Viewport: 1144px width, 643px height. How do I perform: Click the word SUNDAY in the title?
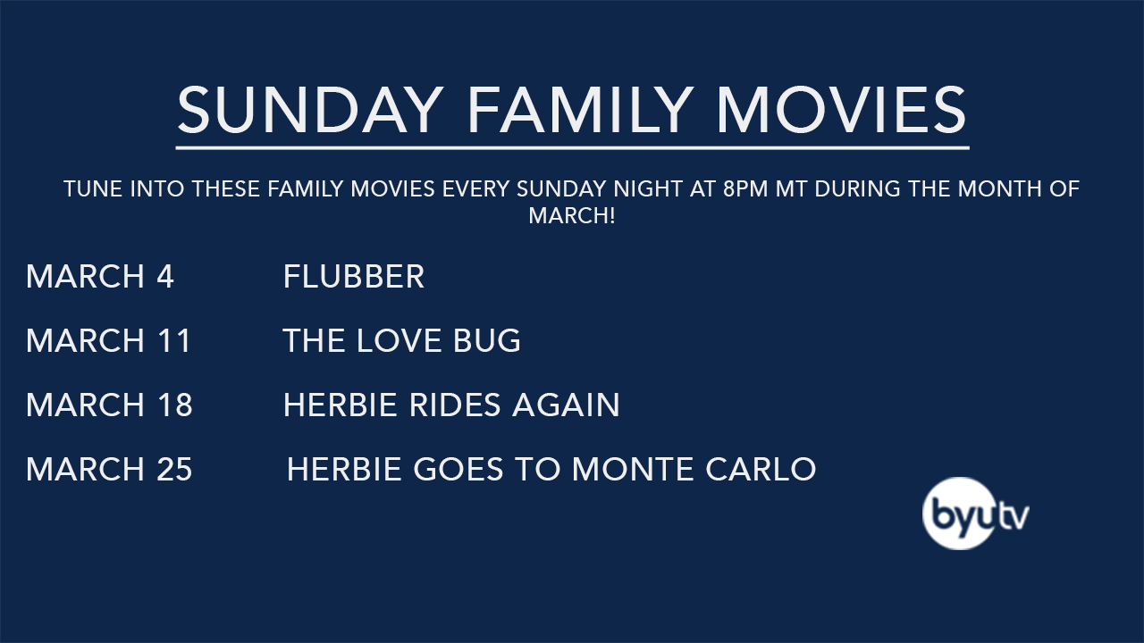[310, 109]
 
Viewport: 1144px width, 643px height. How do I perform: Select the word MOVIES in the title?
[842, 109]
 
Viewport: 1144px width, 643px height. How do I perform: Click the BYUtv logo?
[975, 514]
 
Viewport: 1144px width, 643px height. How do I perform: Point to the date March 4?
[100, 277]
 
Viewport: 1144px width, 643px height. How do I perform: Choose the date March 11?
[108, 340]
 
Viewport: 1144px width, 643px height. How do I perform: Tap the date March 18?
[109, 405]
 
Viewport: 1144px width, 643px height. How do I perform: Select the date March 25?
[109, 469]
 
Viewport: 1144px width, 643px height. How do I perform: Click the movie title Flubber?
[353, 277]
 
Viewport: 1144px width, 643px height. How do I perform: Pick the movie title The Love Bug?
[401, 340]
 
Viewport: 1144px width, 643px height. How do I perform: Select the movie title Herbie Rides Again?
[451, 405]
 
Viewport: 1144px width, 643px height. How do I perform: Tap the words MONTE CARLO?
[694, 469]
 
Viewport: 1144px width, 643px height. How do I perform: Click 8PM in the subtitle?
[745, 188]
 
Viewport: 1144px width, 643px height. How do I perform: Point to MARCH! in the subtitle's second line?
[572, 215]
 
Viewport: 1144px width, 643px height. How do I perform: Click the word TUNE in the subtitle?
[94, 188]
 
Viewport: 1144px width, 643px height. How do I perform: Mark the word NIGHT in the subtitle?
[648, 188]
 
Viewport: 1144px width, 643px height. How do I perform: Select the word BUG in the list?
[487, 340]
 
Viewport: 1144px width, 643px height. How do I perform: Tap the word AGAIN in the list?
[566, 405]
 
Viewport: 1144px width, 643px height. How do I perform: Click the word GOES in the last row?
[458, 469]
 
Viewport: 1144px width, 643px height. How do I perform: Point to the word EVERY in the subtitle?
[475, 188]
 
